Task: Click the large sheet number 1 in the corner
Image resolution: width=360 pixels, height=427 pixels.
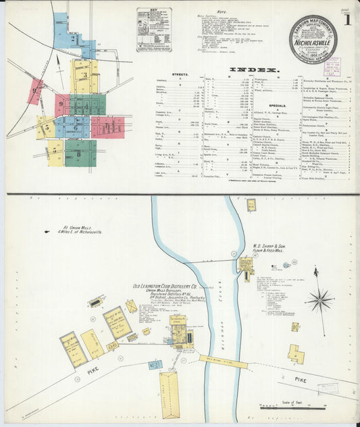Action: click(x=345, y=21)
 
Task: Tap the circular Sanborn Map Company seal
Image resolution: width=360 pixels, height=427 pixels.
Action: click(x=313, y=39)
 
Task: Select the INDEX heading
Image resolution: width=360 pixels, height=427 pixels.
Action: click(x=255, y=70)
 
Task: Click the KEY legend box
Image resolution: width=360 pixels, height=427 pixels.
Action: click(x=153, y=30)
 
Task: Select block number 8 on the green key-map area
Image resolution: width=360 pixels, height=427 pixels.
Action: click(x=79, y=153)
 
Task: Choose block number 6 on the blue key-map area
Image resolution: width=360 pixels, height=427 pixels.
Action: click(x=76, y=126)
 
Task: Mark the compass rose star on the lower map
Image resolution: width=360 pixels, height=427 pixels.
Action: click(x=319, y=299)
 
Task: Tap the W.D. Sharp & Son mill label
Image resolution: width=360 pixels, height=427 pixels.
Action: click(x=274, y=249)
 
